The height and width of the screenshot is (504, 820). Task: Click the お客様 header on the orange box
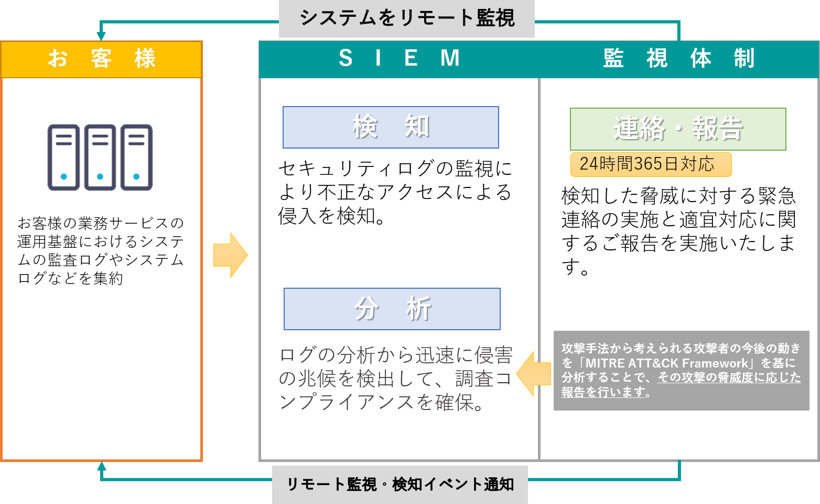pyautogui.click(x=101, y=59)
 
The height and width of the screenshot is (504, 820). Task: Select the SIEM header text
pyautogui.click(x=399, y=58)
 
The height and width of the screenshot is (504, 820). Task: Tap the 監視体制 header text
pyautogui.click(x=678, y=58)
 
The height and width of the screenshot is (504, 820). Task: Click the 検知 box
pyautogui.click(x=391, y=128)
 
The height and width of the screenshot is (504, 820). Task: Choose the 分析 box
pyautogui.click(x=392, y=309)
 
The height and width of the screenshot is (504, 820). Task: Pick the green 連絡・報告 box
pyautogui.click(x=678, y=129)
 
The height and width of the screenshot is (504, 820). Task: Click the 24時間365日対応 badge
pyautogui.click(x=650, y=164)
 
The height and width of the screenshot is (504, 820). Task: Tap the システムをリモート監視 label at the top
pyautogui.click(x=406, y=18)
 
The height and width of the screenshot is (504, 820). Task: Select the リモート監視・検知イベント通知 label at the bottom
pyautogui.click(x=400, y=484)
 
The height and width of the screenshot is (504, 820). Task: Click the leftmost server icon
pyautogui.click(x=63, y=157)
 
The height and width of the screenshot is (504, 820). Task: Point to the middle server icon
pyautogui.click(x=100, y=157)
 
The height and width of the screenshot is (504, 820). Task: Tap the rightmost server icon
pyautogui.click(x=136, y=157)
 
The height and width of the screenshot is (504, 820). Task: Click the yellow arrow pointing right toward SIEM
pyautogui.click(x=230, y=255)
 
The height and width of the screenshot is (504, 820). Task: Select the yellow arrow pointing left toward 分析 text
pyautogui.click(x=534, y=374)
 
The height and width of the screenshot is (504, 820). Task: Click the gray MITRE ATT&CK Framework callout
pyautogui.click(x=681, y=370)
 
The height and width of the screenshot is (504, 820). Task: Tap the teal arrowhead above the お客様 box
pyautogui.click(x=101, y=36)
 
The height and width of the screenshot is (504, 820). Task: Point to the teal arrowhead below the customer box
pyautogui.click(x=102, y=466)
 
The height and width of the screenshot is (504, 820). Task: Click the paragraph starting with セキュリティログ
pyautogui.click(x=394, y=192)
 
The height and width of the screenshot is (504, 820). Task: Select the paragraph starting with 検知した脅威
pyautogui.click(x=678, y=230)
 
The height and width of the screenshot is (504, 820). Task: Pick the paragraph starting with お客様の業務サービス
pyautogui.click(x=101, y=250)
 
